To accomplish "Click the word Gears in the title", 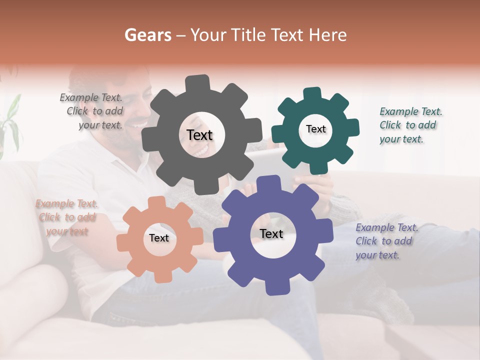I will pyautogui.click(x=147, y=35).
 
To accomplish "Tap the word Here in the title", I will pyautogui.click(x=328, y=35).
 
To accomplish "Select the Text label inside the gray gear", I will pyautogui.click(x=199, y=135).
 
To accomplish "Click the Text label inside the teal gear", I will pyautogui.click(x=315, y=129).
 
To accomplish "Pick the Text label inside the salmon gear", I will pyautogui.click(x=159, y=238).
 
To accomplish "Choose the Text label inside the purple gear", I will pyautogui.click(x=271, y=233).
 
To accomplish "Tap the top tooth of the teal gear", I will pyautogui.click(x=312, y=93).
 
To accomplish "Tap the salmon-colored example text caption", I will pyautogui.click(x=66, y=217).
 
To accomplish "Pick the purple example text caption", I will pyautogui.click(x=386, y=241).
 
